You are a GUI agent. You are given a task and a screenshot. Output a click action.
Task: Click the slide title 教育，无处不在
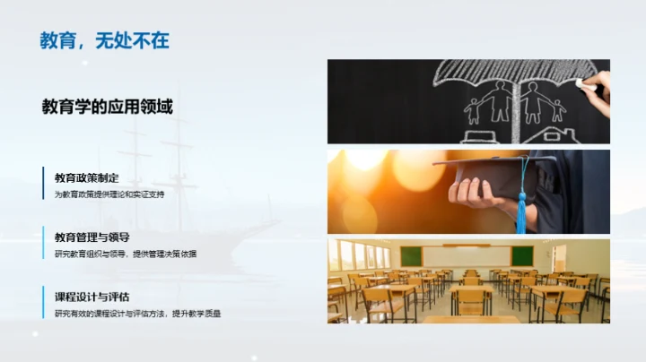(104, 40)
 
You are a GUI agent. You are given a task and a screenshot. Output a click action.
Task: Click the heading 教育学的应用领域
(107, 107)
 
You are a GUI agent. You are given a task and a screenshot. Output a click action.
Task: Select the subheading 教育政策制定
(86, 177)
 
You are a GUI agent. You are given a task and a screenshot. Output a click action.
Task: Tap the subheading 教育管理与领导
(92, 237)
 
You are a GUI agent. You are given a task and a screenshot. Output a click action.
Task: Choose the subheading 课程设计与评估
(92, 297)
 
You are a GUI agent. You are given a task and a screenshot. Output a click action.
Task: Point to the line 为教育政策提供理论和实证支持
(109, 194)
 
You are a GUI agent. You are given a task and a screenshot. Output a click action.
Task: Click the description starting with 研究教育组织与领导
(125, 254)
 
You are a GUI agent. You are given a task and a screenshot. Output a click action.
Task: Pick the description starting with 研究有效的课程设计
(137, 314)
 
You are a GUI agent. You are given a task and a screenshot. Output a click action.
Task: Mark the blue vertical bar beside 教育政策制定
(43, 185)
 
